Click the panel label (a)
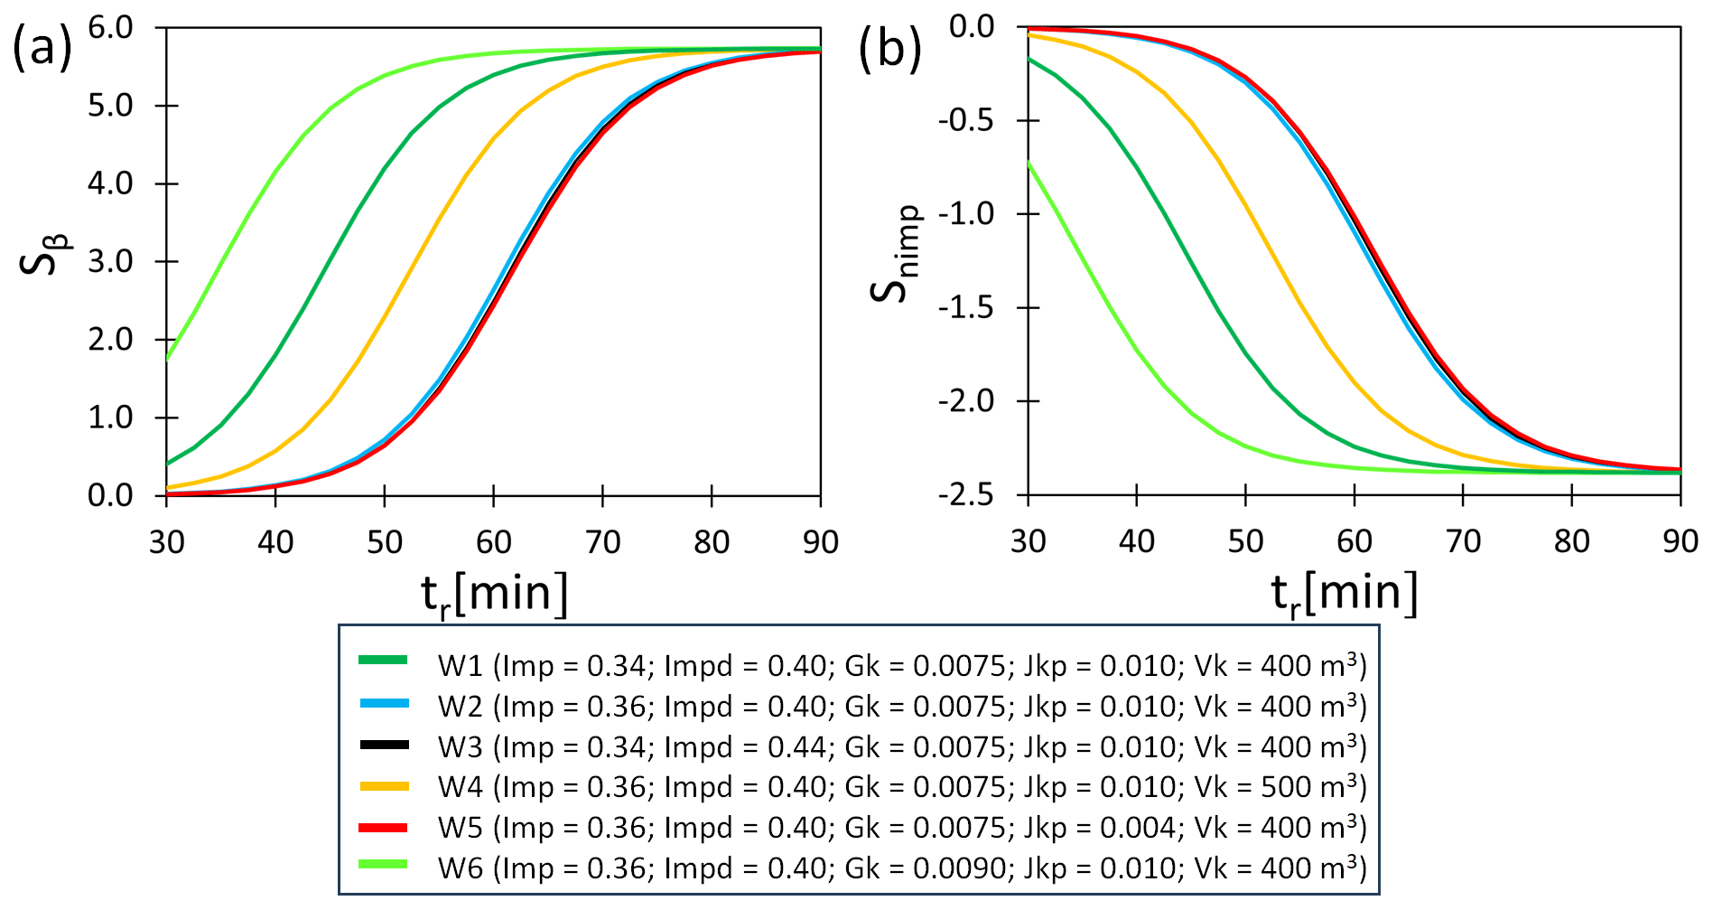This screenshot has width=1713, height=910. click(x=42, y=47)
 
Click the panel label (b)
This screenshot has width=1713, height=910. click(x=889, y=47)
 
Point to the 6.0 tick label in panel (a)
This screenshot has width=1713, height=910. click(x=111, y=27)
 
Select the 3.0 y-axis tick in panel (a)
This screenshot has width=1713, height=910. click(x=111, y=261)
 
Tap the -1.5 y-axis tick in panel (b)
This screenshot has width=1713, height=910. click(x=967, y=307)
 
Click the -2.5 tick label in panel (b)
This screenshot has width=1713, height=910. click(x=967, y=494)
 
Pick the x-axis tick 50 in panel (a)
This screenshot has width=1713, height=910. click(x=385, y=542)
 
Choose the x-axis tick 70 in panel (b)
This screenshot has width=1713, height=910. click(x=1463, y=541)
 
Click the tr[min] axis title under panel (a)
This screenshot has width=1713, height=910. click(x=495, y=595)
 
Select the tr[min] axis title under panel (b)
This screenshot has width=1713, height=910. click(x=1344, y=595)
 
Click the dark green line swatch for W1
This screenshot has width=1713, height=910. click(x=384, y=661)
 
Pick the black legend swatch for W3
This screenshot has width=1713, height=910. click(x=384, y=746)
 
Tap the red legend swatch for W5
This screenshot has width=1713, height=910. click(x=384, y=827)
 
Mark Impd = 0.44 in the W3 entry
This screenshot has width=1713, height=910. click(x=745, y=747)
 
